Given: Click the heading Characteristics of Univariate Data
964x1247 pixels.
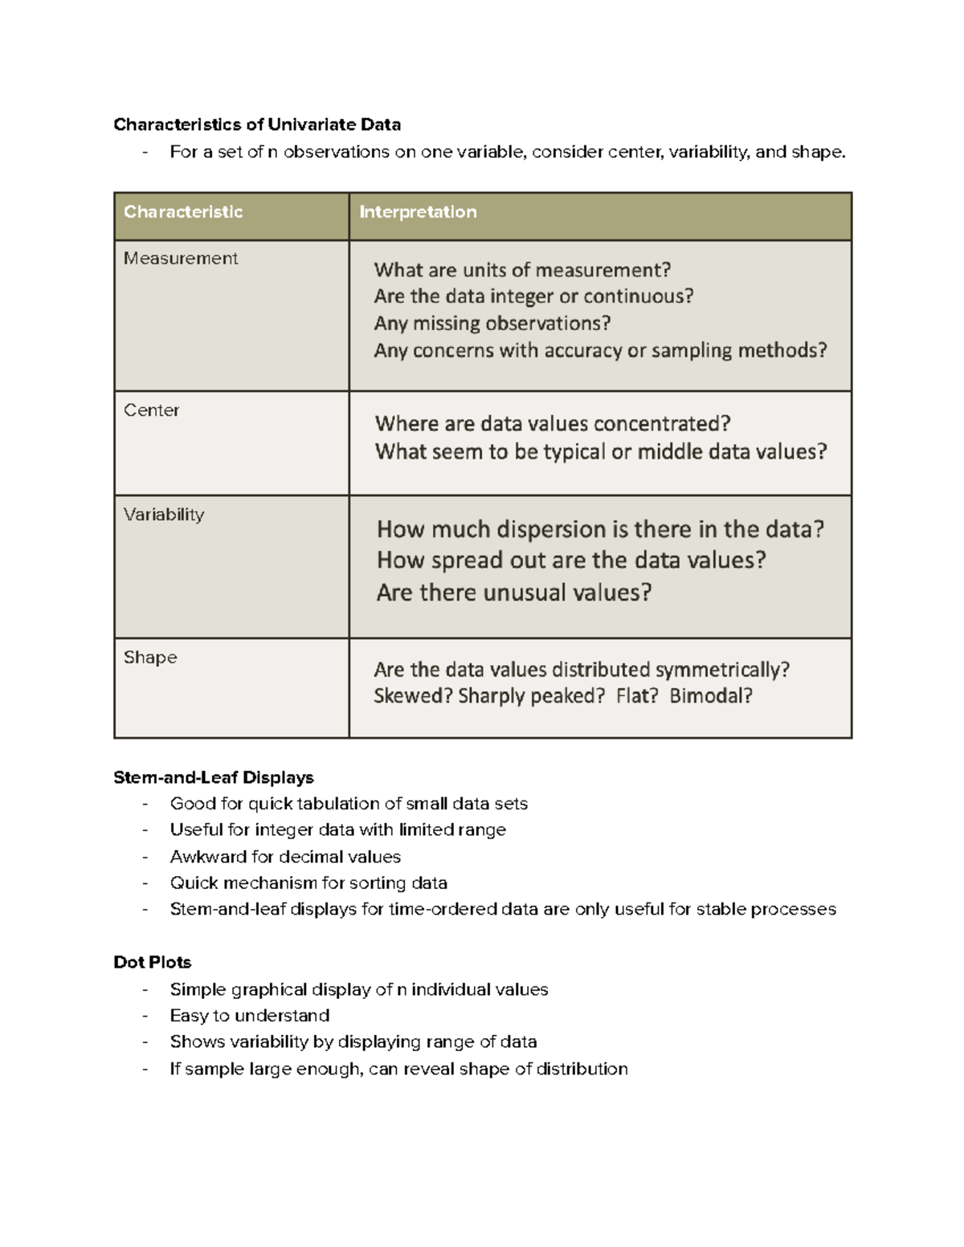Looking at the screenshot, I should point(257,124).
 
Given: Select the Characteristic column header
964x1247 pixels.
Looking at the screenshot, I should point(183,212).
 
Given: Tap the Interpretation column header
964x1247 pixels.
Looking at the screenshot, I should point(418,212).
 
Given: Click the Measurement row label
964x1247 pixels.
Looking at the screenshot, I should point(181,259).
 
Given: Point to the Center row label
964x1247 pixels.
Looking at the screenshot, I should point(151,410).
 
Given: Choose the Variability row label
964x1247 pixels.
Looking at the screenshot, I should point(164,515).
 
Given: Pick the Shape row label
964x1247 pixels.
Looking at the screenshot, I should point(150,658).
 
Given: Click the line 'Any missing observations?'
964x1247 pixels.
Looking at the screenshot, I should point(492,324).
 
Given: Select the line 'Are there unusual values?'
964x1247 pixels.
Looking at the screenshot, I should point(514,593).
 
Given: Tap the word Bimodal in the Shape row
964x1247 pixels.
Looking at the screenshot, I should point(710,695).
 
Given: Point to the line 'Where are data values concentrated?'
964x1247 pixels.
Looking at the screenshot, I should point(553,424).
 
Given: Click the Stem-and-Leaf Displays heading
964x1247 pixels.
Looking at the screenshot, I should point(214,777).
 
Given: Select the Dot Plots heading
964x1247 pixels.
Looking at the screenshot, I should point(153,962).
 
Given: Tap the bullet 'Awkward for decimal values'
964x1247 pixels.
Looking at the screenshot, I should point(285,857).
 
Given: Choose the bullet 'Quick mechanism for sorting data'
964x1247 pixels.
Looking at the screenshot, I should point(308,883).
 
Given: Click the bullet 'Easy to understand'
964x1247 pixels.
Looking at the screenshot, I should point(250,1016).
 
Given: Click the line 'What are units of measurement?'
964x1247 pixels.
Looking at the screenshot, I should point(522,270).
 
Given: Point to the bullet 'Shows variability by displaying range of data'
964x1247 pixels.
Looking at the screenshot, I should point(353,1042).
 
